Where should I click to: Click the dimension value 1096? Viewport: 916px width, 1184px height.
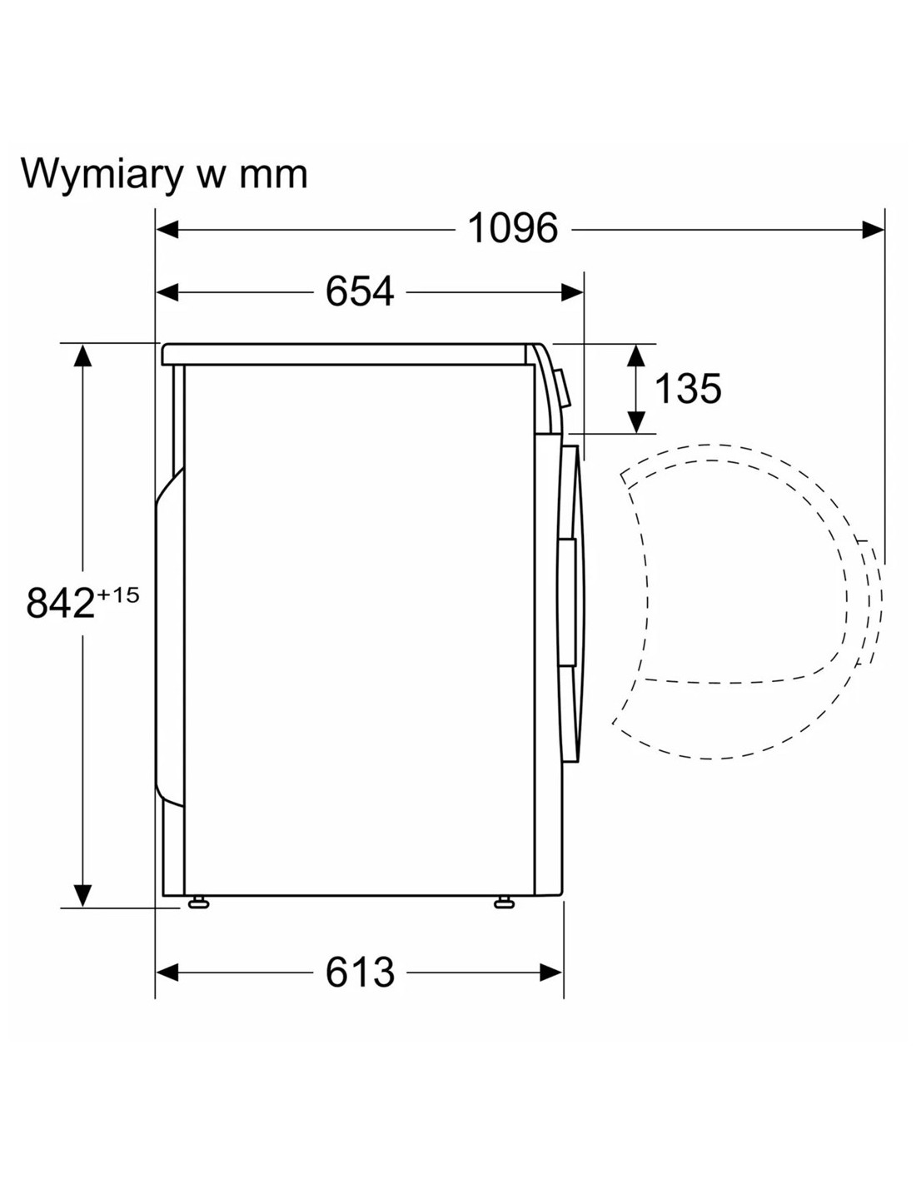[x=513, y=229]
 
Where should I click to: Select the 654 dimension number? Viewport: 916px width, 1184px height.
[x=359, y=291]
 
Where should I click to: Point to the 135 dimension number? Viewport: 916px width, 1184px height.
[x=687, y=389]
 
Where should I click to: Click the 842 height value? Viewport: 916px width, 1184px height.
[x=60, y=603]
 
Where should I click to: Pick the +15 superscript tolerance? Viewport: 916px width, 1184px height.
[x=117, y=594]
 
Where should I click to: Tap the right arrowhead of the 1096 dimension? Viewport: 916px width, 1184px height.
[x=873, y=230]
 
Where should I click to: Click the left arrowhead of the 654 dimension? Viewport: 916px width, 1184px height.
[x=167, y=292]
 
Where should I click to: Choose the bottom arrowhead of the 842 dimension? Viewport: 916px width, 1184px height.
[x=82, y=896]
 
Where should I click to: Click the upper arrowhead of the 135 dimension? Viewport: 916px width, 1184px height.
[x=636, y=356]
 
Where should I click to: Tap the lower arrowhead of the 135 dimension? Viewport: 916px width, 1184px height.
[x=636, y=422]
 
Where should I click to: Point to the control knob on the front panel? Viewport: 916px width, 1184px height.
[x=563, y=388]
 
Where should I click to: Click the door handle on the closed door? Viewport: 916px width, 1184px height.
[x=567, y=602]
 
